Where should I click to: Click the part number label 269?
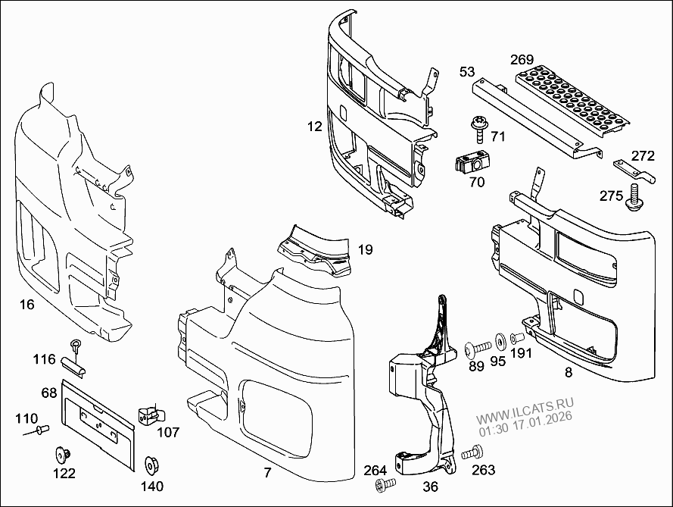coord(522,59)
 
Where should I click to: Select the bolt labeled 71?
coord(479,128)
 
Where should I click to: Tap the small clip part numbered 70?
coord(470,163)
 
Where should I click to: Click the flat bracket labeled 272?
coord(631,169)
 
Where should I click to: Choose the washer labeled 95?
coord(500,340)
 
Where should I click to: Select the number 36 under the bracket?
coord(430,487)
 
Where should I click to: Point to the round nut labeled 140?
coord(151,464)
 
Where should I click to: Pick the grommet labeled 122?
coord(63,455)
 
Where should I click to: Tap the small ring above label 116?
coord(76,347)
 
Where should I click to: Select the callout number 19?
coord(365,249)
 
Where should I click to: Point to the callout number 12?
coord(315,127)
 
